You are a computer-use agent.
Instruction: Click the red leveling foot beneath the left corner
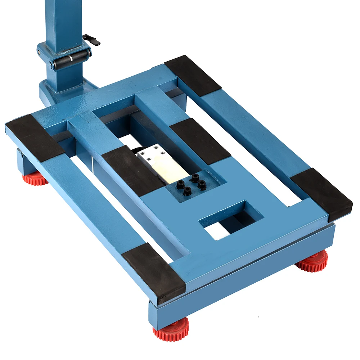(35, 178)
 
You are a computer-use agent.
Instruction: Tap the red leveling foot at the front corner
(171, 329)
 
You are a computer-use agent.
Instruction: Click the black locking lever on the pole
(92, 39)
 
